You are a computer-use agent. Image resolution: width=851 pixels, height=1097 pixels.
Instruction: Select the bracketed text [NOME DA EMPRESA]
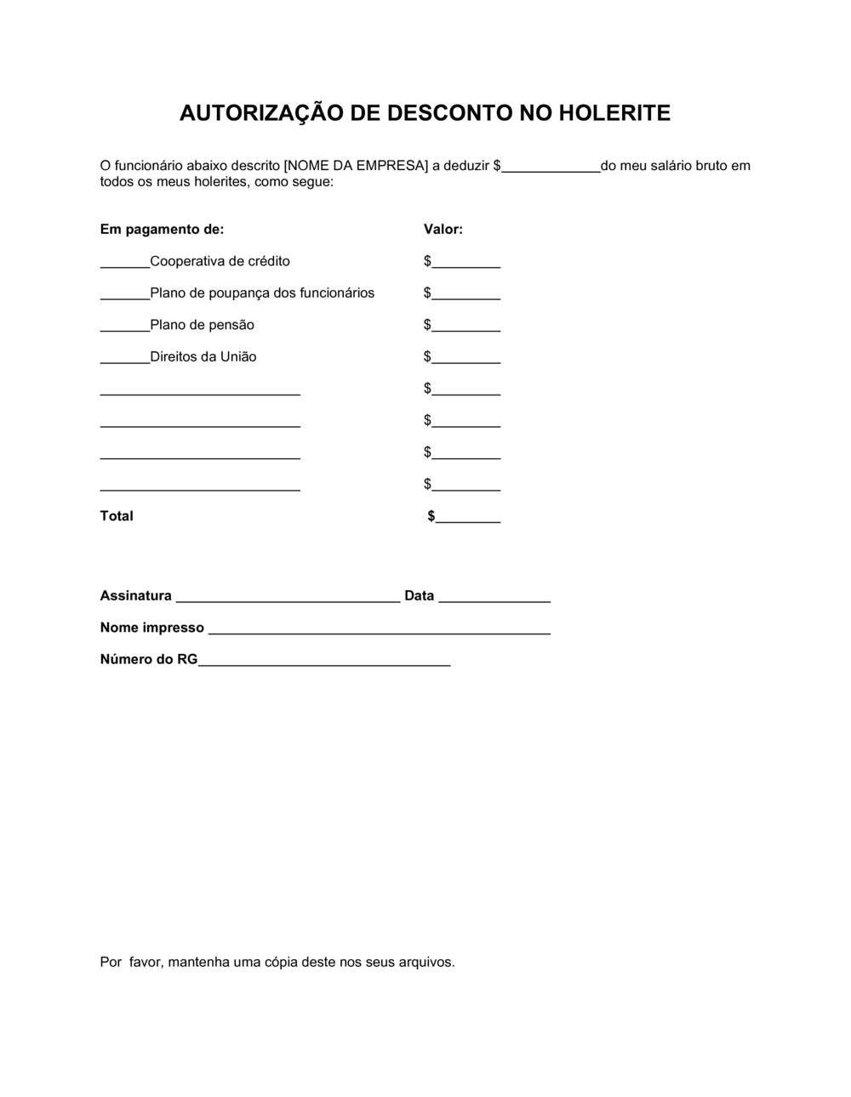point(356,166)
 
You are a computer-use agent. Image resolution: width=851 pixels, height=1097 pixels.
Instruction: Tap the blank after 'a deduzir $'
point(551,168)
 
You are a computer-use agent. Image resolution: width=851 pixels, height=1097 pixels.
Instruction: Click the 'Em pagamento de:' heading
point(162,230)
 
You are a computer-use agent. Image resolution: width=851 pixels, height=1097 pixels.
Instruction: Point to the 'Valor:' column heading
point(443,230)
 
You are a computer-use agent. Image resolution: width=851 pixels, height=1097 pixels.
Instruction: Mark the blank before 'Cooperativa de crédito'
point(125,264)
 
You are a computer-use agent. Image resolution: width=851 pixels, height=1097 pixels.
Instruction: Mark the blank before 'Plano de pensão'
point(125,327)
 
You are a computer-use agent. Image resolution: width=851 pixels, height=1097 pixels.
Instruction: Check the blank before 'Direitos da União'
point(125,359)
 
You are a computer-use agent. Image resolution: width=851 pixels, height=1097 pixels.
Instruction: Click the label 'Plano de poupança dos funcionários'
point(262,293)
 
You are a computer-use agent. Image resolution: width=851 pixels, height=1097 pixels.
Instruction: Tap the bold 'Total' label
point(117,516)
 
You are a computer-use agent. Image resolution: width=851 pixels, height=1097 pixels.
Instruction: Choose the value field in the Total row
point(467,518)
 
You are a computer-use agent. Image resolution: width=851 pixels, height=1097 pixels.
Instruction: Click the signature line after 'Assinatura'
point(288,598)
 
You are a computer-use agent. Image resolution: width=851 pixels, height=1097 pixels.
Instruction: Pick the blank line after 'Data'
point(494,598)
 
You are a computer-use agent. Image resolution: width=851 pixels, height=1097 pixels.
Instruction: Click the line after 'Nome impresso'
point(380,630)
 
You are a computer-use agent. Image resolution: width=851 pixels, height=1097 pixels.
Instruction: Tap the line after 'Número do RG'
point(324,662)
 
